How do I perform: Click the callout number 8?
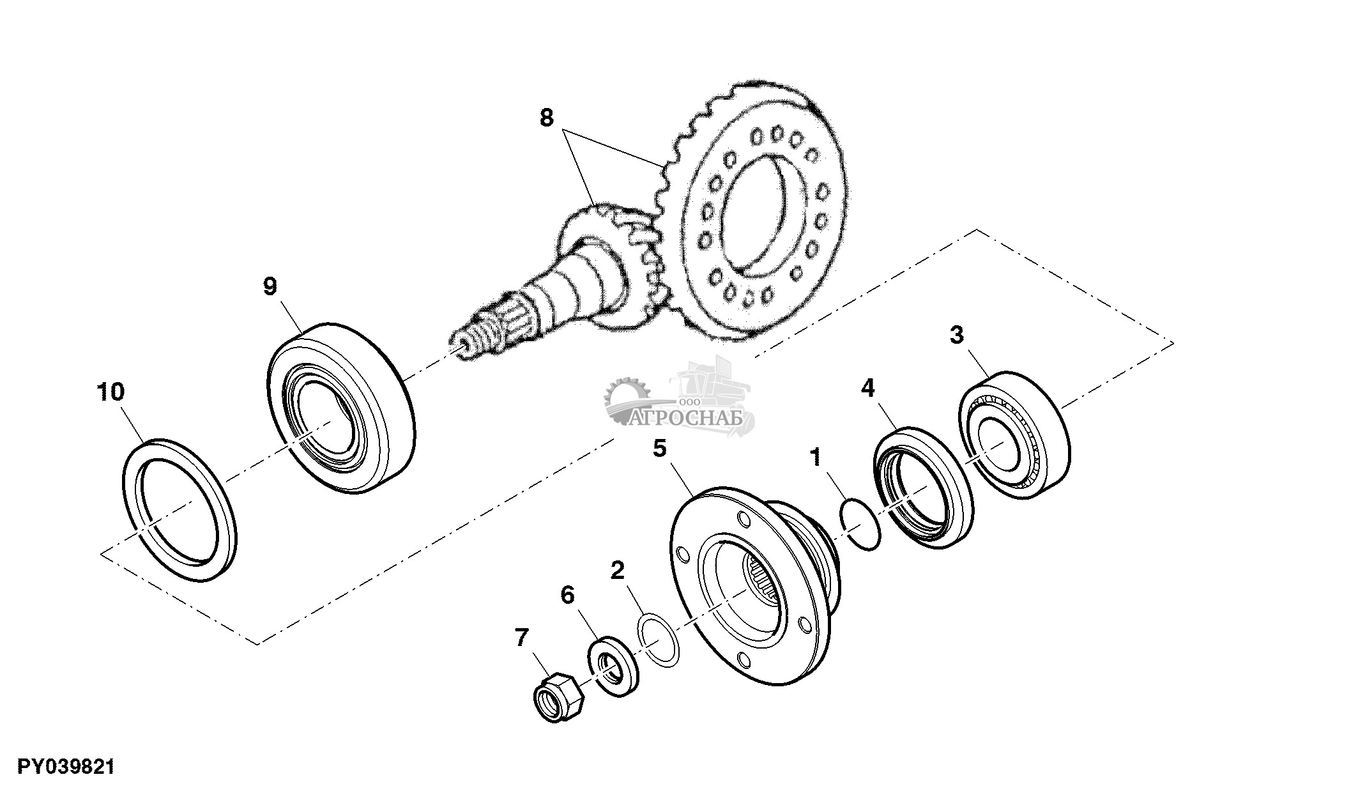547,118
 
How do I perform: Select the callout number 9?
270,287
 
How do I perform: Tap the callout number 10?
111,392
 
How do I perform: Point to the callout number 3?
956,335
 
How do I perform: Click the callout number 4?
867,388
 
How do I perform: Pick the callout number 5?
659,448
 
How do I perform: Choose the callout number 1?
815,457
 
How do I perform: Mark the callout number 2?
616,571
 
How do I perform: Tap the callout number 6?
567,596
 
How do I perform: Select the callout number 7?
522,637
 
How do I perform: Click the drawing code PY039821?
66,766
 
